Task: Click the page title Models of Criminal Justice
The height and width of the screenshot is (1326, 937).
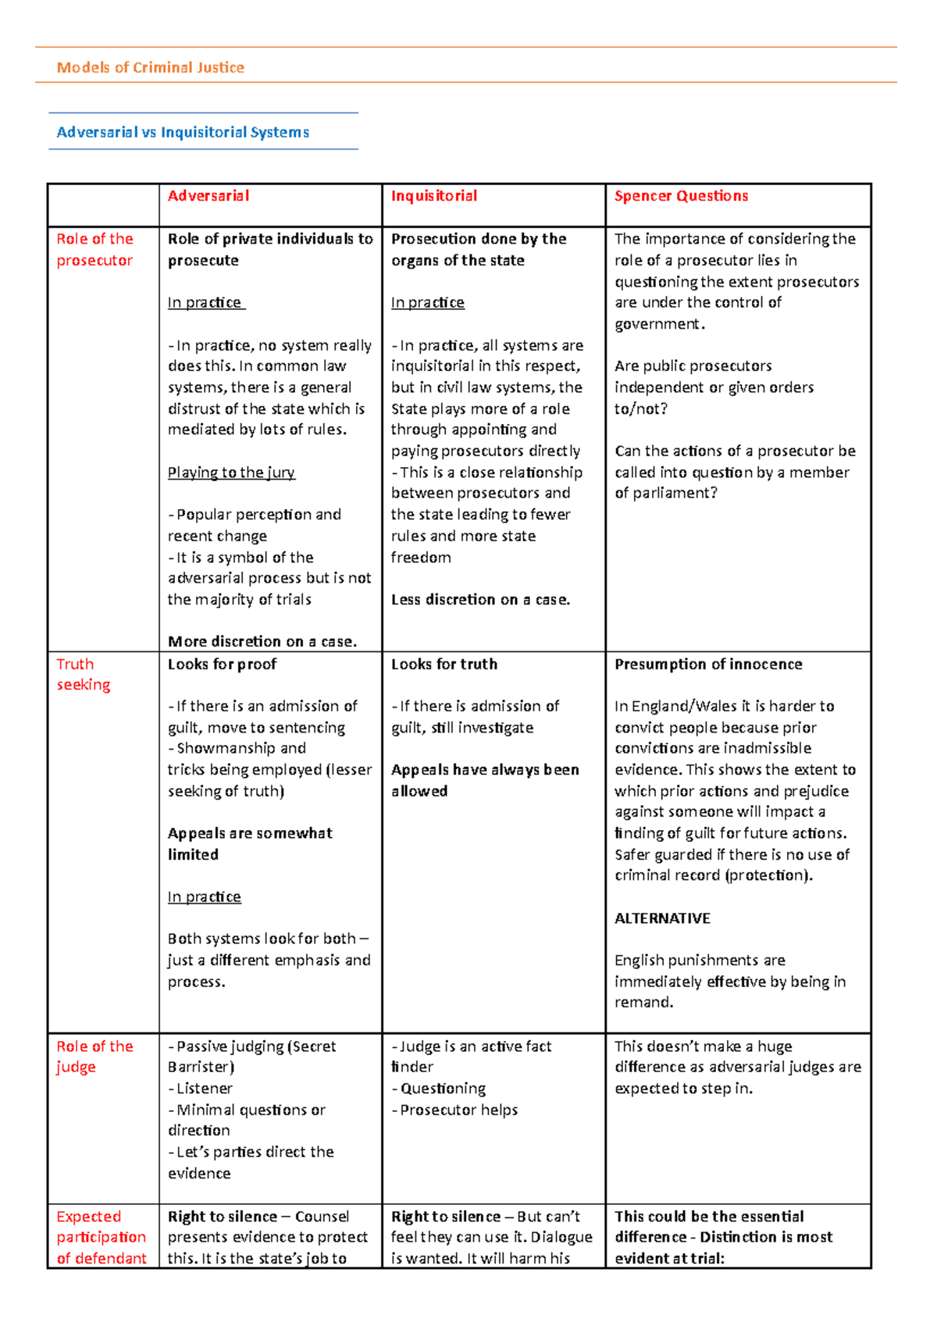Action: pos(151,68)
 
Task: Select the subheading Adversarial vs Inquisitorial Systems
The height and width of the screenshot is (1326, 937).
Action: pos(183,133)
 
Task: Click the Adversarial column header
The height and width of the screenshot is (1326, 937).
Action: pos(208,196)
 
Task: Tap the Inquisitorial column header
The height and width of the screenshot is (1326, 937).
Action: pos(434,196)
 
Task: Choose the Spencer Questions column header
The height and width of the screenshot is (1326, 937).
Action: pos(681,196)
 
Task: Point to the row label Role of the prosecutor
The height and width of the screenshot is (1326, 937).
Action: pos(94,250)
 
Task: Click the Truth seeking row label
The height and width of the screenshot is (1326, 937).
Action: pos(83,675)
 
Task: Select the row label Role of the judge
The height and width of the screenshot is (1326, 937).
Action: pos(94,1057)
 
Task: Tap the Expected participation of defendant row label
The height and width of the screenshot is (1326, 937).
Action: pos(101,1237)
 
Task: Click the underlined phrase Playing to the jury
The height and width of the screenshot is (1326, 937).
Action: pos(231,472)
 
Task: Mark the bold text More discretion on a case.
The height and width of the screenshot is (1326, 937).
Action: pos(262,642)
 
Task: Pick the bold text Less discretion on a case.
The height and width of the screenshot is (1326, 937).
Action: pos(480,600)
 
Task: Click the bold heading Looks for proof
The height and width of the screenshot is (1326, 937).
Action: pos(222,665)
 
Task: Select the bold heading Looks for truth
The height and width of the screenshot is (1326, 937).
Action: pos(444,665)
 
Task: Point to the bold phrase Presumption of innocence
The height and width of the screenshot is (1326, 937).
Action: pos(708,665)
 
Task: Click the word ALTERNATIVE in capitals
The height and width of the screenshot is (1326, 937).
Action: pos(662,918)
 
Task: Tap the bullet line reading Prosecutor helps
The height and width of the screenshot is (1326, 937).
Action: pos(458,1110)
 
